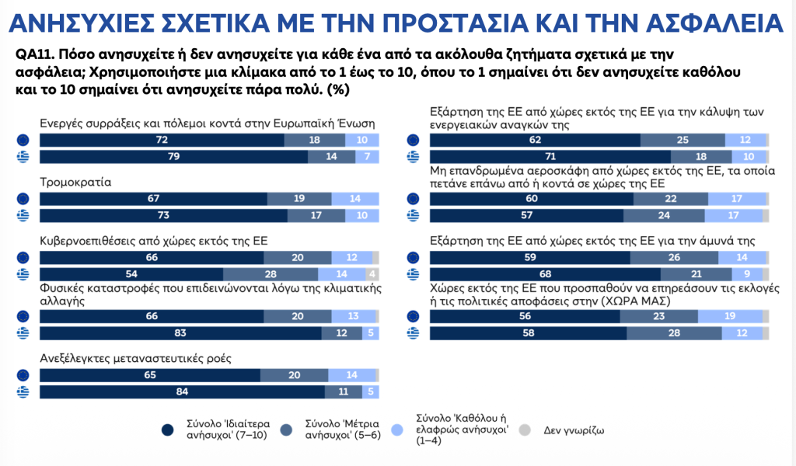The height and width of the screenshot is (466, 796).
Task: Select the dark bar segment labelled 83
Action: [180, 332]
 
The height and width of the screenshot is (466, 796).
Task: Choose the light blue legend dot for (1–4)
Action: [401, 429]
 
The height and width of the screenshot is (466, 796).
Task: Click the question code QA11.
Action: [32, 55]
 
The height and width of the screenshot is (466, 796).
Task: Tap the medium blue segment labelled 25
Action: [683, 140]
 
